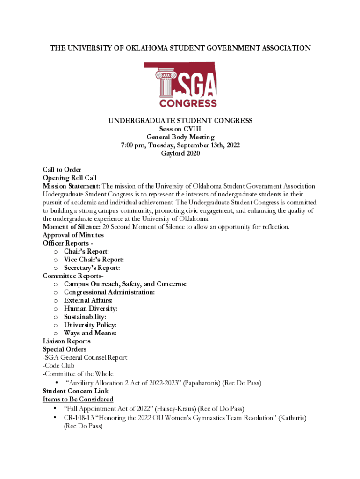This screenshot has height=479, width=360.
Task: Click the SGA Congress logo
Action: coord(180,85)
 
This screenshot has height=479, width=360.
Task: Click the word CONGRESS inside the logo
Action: coord(188,103)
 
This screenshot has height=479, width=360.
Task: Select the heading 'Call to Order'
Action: coord(62,170)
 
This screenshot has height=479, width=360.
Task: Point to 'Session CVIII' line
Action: coord(180,129)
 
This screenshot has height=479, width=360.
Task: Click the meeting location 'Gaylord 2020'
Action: coord(180,153)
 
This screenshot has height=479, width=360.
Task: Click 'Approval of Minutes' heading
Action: coord(73,235)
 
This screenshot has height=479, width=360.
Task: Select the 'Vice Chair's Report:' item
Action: coord(94,260)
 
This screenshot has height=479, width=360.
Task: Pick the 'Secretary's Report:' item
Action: coord(92,268)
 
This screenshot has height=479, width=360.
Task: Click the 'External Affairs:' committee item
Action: coord(88,300)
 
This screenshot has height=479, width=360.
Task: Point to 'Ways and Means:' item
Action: coord(90,333)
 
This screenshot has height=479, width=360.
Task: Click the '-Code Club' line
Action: coord(58,366)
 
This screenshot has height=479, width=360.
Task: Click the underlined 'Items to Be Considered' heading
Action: coord(78,399)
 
